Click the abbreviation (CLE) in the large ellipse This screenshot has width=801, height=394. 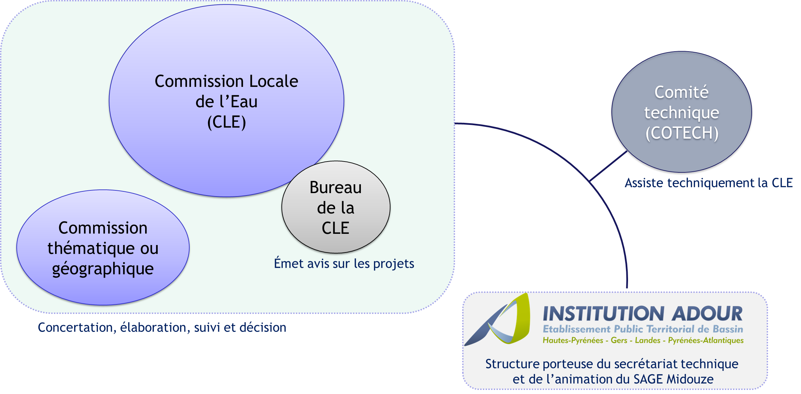[226, 122]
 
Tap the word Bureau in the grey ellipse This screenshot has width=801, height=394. [335, 188]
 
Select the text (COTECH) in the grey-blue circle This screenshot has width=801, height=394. [682, 133]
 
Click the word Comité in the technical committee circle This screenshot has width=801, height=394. [681, 92]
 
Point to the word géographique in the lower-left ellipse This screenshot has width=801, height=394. [103, 269]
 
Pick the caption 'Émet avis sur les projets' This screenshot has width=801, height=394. [344, 264]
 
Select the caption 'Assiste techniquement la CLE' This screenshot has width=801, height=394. [709, 183]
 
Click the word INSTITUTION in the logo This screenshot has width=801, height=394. [603, 314]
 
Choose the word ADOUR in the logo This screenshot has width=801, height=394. [707, 314]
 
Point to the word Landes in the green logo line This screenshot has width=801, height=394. [647, 340]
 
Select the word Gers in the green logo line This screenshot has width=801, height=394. [619, 340]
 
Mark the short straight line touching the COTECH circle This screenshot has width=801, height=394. [608, 166]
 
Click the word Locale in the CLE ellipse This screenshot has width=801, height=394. [274, 81]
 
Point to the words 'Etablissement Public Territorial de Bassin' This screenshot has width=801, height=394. [643, 329]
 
